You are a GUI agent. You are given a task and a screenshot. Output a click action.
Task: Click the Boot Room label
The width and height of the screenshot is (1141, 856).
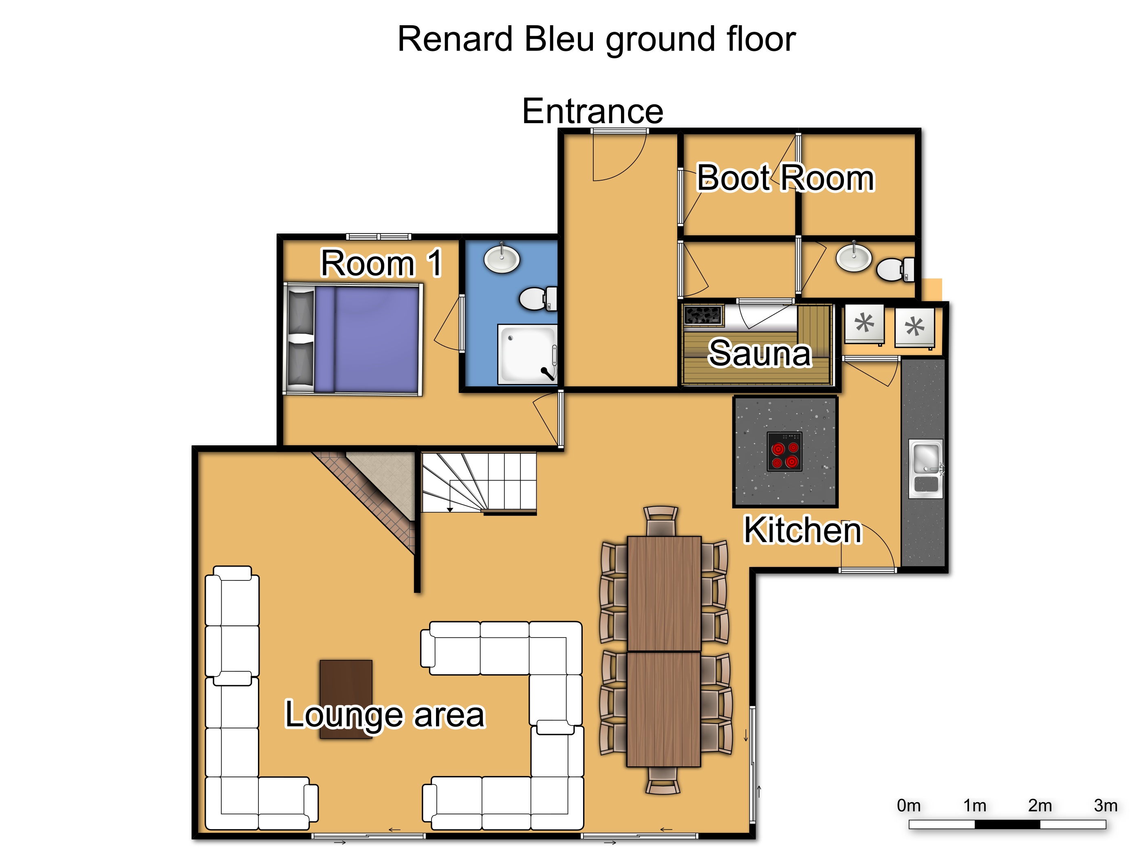[x=785, y=178]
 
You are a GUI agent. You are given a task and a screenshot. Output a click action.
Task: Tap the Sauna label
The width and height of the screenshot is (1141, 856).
[x=760, y=353]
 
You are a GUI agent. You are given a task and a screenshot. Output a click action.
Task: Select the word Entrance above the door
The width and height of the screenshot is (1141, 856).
[x=593, y=111]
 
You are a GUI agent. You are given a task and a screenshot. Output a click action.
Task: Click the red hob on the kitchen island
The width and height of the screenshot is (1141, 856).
[x=784, y=451]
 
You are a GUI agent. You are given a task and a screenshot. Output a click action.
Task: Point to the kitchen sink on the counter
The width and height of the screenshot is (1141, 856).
[x=926, y=468]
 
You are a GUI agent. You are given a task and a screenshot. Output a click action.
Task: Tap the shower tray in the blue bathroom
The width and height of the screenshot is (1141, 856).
[x=528, y=354]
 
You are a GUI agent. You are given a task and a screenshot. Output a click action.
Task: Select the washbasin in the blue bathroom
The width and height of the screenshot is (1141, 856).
[x=501, y=258]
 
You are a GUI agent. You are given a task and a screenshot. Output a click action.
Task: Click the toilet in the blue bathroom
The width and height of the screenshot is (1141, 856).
[x=538, y=298]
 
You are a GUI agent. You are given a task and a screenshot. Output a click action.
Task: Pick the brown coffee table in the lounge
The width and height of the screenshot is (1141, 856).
[x=346, y=699]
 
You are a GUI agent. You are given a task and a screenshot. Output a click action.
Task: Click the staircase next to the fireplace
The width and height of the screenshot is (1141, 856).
[x=479, y=483]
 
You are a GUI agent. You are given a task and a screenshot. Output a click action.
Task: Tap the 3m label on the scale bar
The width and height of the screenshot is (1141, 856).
[x=1106, y=805]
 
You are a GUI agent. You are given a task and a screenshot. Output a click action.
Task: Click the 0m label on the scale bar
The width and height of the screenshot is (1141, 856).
[x=908, y=805]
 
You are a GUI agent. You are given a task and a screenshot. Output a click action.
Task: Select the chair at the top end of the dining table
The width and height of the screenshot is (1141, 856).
[x=661, y=521]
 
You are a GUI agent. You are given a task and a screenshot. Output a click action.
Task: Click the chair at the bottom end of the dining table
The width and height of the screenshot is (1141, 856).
[x=663, y=780]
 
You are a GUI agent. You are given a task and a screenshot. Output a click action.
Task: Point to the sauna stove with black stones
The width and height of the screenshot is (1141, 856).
[x=703, y=315]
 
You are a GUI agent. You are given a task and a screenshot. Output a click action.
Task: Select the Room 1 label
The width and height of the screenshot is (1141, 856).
[x=381, y=263]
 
